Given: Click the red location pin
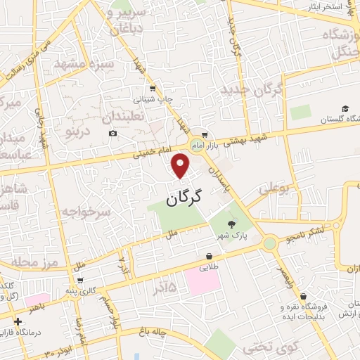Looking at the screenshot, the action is coord(181,166).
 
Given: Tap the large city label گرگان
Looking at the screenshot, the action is coord(184,198).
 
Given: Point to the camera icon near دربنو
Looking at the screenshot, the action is coord(112,134).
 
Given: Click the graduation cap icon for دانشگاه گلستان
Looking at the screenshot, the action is coord(345,108).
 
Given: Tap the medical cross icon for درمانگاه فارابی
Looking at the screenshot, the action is coord(17,320).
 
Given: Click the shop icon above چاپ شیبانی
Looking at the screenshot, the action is coord(152,88).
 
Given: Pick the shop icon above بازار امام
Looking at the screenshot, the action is coord(204,134).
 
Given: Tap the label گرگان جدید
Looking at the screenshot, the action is coord(250,91).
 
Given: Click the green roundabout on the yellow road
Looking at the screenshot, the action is coord(269,243).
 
